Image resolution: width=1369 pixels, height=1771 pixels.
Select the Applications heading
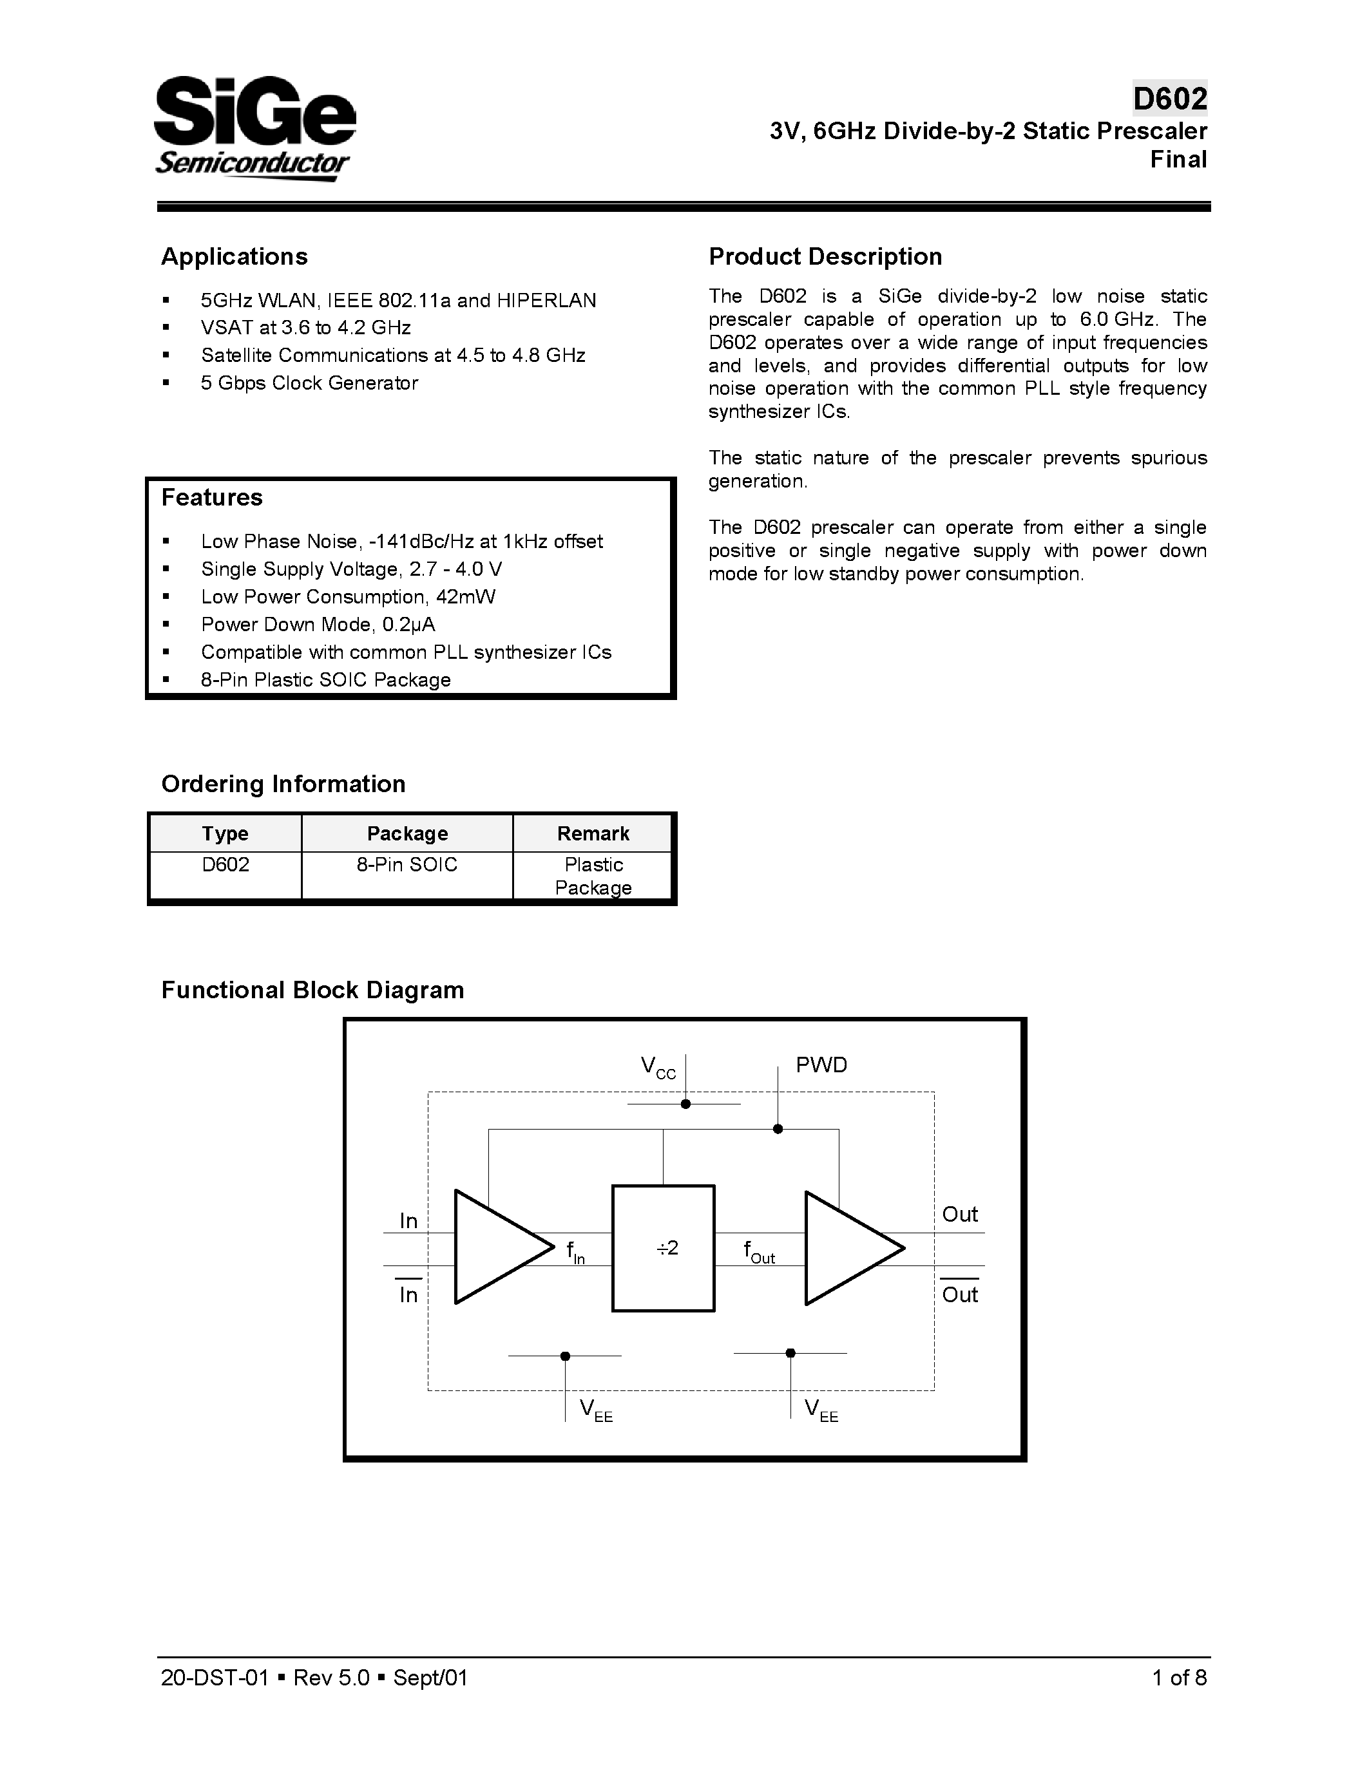[x=235, y=256]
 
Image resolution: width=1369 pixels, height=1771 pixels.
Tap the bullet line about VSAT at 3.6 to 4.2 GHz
[x=306, y=328]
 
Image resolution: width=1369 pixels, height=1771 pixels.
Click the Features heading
[x=212, y=497]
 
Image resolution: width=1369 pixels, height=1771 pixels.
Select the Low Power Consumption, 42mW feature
[x=348, y=597]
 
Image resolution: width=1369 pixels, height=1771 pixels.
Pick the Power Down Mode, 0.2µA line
[x=318, y=625]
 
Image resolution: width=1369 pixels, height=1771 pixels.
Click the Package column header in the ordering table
[x=407, y=833]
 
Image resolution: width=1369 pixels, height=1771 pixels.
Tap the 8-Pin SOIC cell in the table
[x=407, y=864]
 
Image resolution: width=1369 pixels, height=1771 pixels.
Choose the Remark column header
[x=593, y=833]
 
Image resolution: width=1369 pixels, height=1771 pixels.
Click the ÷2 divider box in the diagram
[x=664, y=1248]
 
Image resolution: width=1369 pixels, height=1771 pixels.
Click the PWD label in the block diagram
[x=821, y=1065]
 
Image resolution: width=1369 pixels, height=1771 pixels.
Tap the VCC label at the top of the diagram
[x=658, y=1067]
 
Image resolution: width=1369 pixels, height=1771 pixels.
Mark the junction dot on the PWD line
[x=778, y=1129]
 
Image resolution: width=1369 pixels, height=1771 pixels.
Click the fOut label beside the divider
[x=758, y=1251]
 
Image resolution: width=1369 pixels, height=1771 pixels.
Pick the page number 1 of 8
[x=1179, y=1678]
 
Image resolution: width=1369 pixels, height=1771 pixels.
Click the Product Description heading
[x=825, y=256]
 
